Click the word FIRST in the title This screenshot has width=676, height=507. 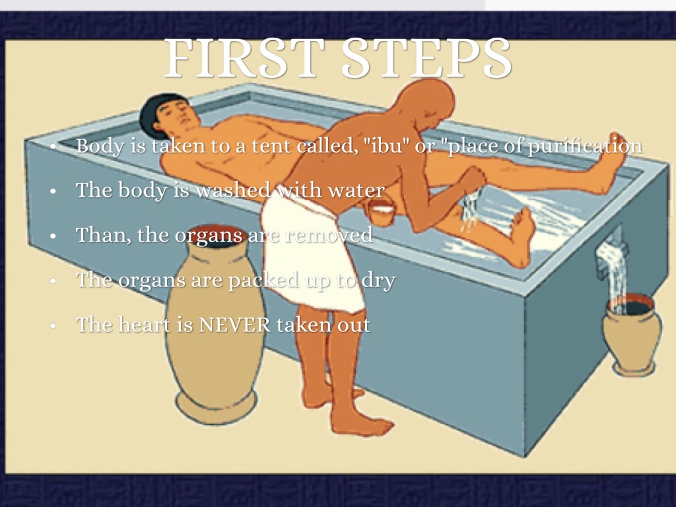click(244, 57)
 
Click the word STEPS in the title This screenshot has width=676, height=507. click(426, 57)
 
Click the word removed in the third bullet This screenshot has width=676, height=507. click(329, 235)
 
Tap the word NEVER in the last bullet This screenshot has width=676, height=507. click(234, 325)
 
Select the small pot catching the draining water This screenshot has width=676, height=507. click(632, 334)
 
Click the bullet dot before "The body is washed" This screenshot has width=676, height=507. click(53, 191)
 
